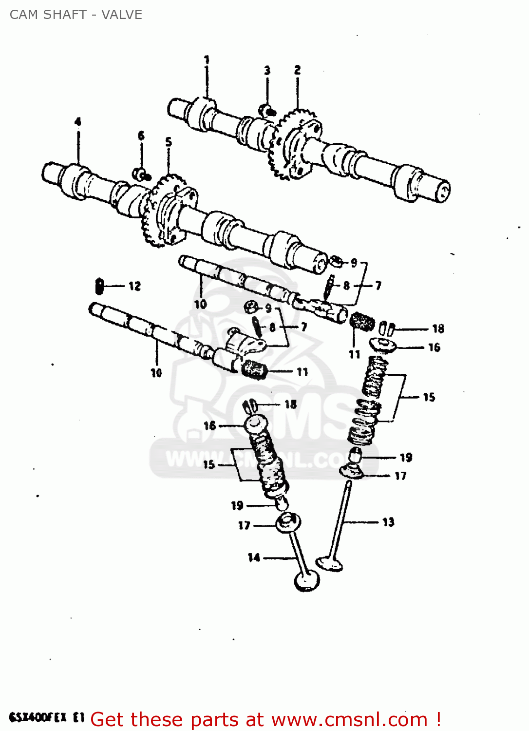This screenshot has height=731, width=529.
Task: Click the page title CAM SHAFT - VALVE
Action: pos(76,15)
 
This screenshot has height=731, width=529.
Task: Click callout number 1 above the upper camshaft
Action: pos(207,59)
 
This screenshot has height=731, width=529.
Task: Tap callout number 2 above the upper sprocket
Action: pos(297,70)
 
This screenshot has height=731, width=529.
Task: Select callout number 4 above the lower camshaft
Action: pos(77,121)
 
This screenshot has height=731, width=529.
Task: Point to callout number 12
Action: pos(135,286)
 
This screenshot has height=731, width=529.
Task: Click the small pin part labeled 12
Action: pos(100,286)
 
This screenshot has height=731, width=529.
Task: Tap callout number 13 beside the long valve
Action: pos(388,522)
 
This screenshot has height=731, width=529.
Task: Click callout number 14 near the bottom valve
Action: pos(254,557)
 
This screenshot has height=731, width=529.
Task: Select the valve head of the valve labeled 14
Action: pos(307,581)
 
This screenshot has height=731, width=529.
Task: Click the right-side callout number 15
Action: pos(429,397)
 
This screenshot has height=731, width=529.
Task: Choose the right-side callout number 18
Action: pos(438,328)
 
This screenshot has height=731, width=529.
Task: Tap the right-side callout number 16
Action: pos(434,347)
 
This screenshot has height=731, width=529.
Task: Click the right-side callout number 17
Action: pos(400,476)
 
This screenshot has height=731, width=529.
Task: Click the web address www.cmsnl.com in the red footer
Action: pos(349,719)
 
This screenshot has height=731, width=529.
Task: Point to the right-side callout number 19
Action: pos(406,457)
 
